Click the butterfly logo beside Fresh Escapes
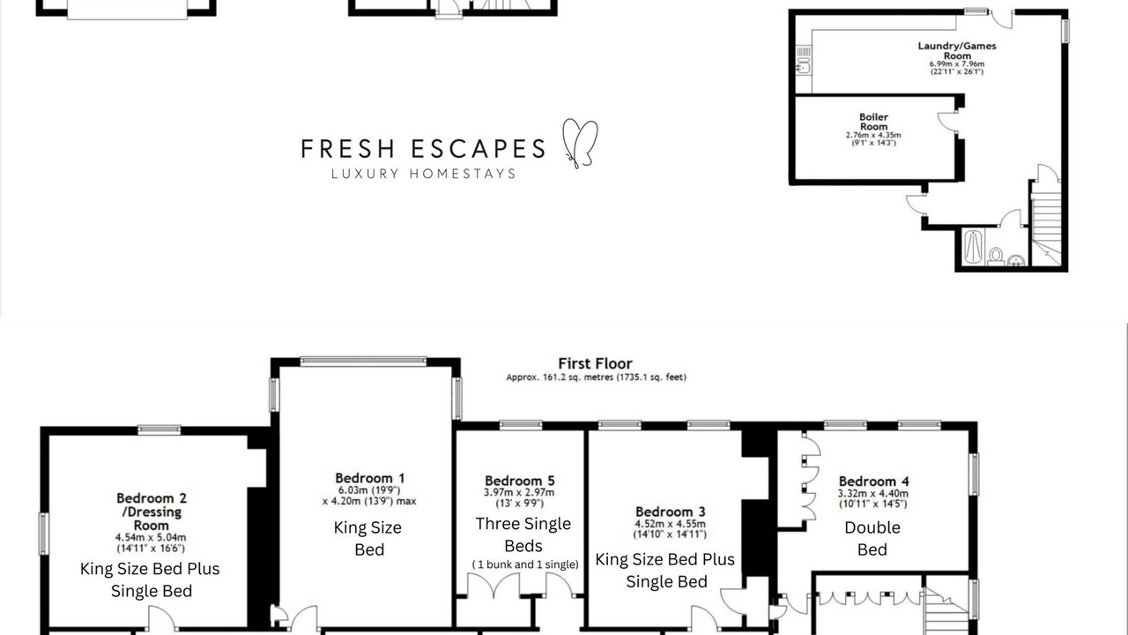[580, 144]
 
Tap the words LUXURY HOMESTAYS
[424, 174]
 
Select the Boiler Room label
[873, 122]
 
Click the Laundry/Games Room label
[957, 50]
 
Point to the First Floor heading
[595, 363]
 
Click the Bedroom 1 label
[369, 478]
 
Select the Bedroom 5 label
[520, 481]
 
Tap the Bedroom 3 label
[671, 512]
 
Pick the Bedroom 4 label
[873, 482]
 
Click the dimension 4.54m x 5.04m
[151, 537]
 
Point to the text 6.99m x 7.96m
[957, 64]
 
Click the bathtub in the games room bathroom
[974, 247]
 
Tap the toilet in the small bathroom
[996, 256]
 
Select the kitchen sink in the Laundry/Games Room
[804, 66]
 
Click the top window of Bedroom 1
[363, 362]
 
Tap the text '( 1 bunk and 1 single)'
[525, 564]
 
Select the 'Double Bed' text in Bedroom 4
[872, 538]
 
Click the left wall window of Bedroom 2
[44, 534]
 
